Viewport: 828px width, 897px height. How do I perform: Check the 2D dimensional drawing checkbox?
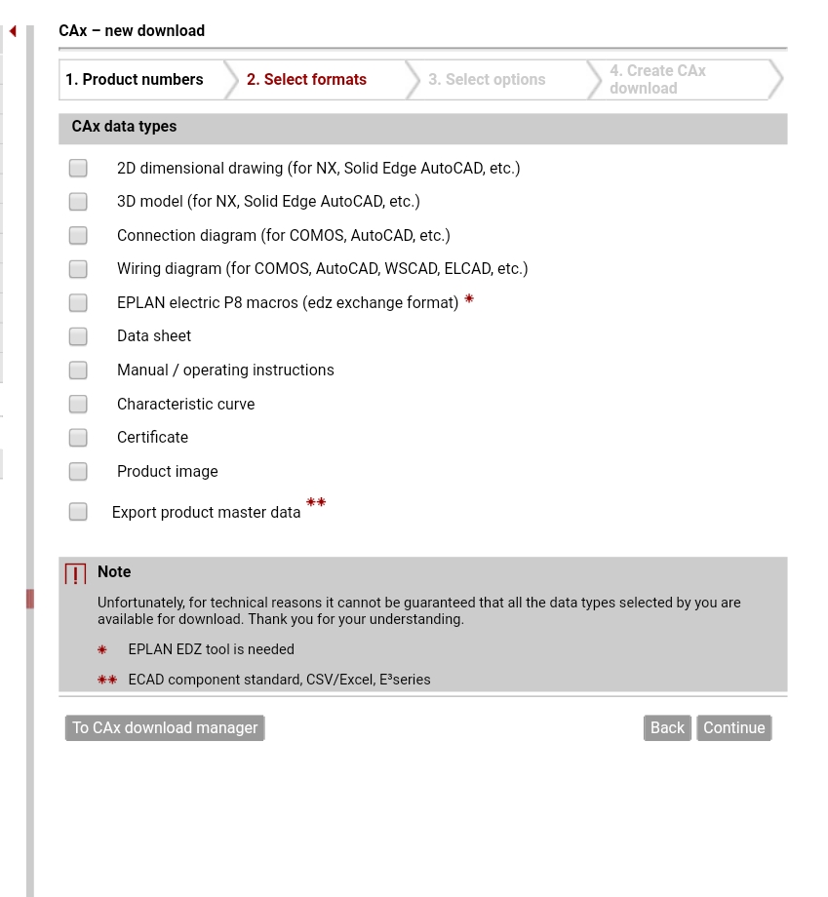point(78,169)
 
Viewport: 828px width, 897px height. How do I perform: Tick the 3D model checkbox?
point(78,202)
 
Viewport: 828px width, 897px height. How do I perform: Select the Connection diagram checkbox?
point(78,236)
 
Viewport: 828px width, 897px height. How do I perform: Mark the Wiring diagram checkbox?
point(78,269)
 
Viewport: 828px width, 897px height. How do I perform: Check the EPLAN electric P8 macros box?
point(78,303)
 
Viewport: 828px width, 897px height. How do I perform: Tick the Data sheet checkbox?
point(78,336)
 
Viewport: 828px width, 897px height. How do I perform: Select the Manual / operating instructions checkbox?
point(78,370)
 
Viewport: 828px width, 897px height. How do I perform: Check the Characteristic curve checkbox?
point(78,405)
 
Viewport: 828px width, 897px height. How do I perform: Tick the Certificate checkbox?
point(78,438)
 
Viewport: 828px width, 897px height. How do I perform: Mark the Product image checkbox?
point(78,472)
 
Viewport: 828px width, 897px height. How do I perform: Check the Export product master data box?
point(78,512)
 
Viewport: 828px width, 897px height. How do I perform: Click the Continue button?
point(733,728)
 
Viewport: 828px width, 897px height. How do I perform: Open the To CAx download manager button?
point(165,728)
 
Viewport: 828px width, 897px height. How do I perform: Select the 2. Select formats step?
point(306,80)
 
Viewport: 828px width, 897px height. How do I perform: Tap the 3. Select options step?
point(487,80)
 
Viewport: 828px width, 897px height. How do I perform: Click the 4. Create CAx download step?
point(657,80)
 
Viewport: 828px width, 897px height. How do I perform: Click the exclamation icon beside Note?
point(75,574)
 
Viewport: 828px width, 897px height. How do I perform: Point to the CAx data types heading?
point(124,127)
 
